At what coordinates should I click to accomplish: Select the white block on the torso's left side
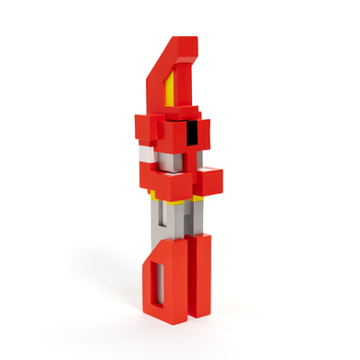click(144, 152)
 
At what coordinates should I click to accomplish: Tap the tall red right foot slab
click(198, 277)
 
